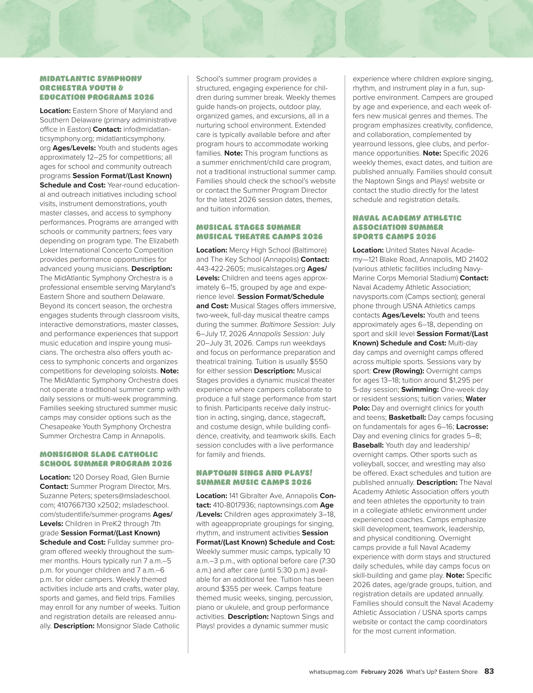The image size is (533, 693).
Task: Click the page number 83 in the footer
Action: pos(489,671)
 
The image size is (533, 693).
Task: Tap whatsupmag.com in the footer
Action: pos(333,672)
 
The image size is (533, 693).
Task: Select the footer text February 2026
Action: pos(382,672)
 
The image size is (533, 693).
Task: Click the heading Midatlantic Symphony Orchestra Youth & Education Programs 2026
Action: pos(97,88)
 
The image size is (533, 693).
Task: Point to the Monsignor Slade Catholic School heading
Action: pos(105,459)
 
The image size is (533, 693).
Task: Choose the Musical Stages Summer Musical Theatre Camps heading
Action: pos(259,232)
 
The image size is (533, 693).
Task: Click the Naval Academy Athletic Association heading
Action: pos(407,227)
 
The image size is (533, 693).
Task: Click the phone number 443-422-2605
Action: pos(220,269)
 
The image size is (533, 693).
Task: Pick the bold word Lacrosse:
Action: pos(472,427)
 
